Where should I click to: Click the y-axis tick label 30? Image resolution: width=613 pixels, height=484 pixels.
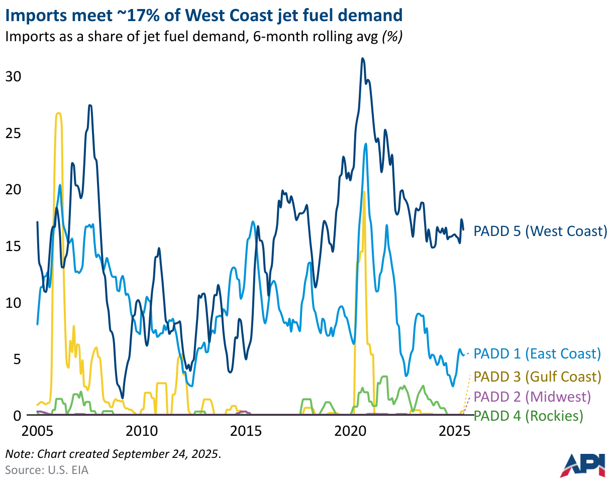13,77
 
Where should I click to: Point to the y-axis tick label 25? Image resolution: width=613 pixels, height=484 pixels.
13,134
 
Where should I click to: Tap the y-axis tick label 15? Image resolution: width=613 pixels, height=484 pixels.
13,247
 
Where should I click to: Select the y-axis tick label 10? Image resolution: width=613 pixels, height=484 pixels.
13,303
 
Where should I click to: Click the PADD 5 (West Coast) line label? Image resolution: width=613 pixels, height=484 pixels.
541,231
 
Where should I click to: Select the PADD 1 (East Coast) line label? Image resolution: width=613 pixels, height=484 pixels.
537,353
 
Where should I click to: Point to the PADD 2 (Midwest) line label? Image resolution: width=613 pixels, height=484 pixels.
532,397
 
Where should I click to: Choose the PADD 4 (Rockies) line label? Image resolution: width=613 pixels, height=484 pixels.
529,416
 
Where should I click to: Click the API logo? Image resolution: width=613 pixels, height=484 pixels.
583,465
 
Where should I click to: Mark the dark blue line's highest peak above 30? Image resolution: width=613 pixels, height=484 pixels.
362,59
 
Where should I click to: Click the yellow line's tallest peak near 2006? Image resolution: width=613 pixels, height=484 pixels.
59,113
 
